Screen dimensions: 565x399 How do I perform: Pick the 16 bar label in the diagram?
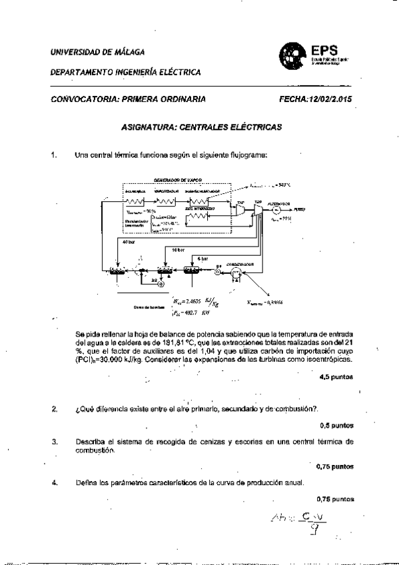click(179, 249)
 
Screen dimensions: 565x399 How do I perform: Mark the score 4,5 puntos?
click(336, 378)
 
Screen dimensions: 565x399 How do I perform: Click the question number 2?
click(53, 408)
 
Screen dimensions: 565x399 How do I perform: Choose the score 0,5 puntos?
click(336, 424)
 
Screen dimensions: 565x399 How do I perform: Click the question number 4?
click(53, 482)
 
